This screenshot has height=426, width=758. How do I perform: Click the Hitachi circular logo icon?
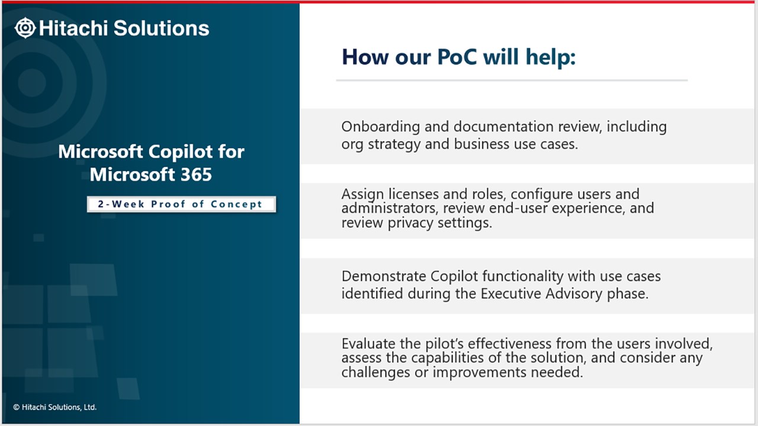click(x=25, y=28)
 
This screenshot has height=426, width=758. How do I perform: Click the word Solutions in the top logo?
click(x=162, y=28)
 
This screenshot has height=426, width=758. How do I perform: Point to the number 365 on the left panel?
click(x=196, y=175)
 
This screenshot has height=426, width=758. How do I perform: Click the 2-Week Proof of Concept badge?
click(x=181, y=204)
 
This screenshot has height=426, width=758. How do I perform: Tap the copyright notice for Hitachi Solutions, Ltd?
click(x=55, y=407)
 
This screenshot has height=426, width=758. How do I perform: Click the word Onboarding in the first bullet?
click(x=381, y=127)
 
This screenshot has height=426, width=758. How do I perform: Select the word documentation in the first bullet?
click(x=503, y=127)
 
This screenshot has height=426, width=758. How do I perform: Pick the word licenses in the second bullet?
click(x=414, y=194)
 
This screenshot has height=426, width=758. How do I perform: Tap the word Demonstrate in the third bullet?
click(x=384, y=276)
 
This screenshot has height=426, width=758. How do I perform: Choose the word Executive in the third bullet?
click(x=510, y=294)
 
